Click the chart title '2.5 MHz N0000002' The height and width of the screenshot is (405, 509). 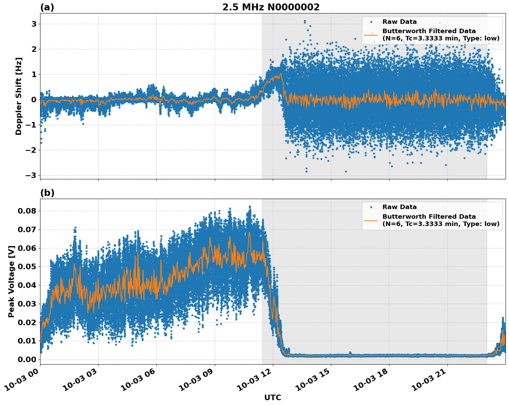(x=271, y=7)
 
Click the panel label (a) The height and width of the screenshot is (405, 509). (x=47, y=7)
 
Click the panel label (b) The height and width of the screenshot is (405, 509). (x=47, y=193)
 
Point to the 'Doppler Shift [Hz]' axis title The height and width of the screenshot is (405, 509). (x=19, y=96)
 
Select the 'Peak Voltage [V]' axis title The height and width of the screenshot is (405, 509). (x=11, y=281)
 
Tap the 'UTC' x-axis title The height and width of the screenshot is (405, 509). (x=272, y=397)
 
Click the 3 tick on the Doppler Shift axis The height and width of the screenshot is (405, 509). (x=34, y=24)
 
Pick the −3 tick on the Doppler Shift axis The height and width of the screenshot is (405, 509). (x=31, y=175)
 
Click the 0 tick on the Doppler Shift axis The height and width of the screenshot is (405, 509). (x=34, y=100)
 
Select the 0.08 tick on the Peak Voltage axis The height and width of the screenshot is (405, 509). (x=28, y=211)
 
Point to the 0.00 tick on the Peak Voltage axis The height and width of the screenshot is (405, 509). (x=28, y=359)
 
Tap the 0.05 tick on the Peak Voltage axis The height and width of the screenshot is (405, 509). (x=28, y=266)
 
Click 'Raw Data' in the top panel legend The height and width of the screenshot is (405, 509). (x=399, y=22)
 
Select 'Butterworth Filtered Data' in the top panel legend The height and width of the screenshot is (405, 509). (x=429, y=31)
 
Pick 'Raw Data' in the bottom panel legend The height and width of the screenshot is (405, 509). (x=399, y=207)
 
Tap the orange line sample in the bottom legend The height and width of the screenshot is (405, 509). (x=371, y=220)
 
